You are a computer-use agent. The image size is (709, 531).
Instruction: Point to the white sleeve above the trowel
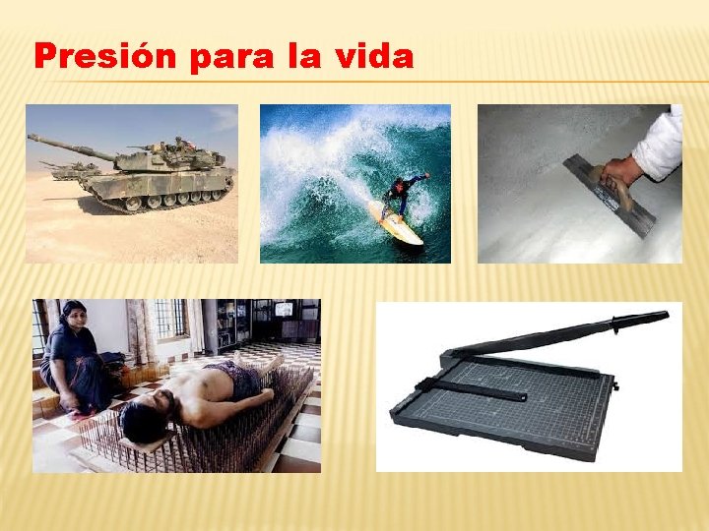[x=660, y=146]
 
